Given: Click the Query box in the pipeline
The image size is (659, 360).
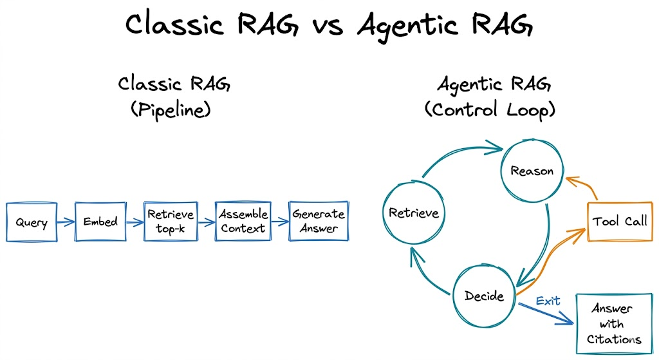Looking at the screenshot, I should (x=31, y=222).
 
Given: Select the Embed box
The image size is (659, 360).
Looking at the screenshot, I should (x=100, y=222).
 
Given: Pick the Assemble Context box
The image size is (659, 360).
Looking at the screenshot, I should (x=242, y=222).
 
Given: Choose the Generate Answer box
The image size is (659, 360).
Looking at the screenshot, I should (x=318, y=222).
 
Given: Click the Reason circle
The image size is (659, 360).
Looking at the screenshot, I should (x=532, y=171).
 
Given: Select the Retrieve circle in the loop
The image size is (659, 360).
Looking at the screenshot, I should (x=414, y=213).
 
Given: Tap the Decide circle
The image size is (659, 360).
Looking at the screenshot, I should (x=484, y=296).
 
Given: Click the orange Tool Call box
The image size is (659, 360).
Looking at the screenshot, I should (x=620, y=222).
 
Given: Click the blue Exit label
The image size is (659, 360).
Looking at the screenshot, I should (x=548, y=301).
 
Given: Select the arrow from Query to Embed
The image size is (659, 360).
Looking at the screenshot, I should (x=65, y=223).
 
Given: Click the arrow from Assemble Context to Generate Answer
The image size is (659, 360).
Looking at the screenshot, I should (x=279, y=223).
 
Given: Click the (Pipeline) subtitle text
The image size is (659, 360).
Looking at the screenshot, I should (x=171, y=110).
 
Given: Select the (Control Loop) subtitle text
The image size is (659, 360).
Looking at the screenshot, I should (x=489, y=110).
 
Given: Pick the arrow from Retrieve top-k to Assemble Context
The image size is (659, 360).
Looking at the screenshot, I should (x=205, y=223).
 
